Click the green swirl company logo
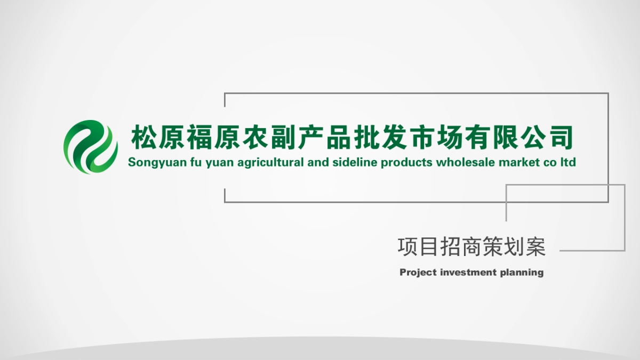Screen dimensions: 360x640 91,147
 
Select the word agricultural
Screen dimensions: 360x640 271,163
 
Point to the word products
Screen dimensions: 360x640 406,163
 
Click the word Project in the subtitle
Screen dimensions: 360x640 418,273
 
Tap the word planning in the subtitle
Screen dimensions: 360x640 522,273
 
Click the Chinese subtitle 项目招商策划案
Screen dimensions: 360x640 471,246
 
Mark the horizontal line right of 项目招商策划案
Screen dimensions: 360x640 591,250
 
